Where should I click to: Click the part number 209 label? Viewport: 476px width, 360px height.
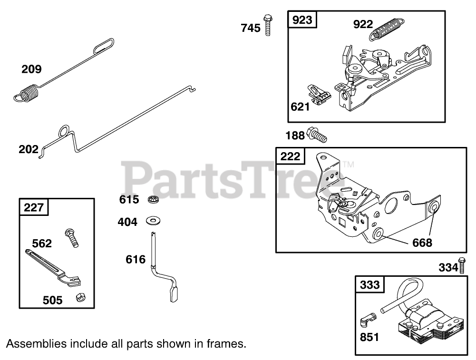(x=31, y=69)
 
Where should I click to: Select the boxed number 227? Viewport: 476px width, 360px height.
(x=34, y=207)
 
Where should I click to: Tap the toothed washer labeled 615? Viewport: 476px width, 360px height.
(x=152, y=199)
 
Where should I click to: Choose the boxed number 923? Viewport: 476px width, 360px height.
(x=302, y=20)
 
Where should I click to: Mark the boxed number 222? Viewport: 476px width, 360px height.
(x=290, y=156)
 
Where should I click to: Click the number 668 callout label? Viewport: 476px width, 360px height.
(x=422, y=243)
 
